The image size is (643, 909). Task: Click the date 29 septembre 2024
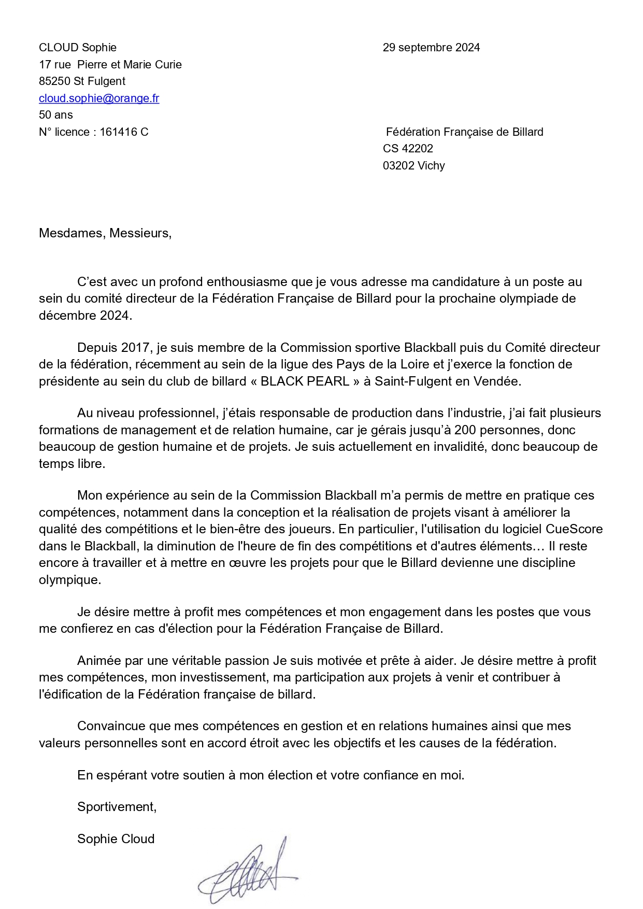(431, 48)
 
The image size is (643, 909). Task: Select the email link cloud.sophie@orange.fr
(99, 98)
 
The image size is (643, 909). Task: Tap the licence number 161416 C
(124, 132)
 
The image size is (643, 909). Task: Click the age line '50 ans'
(56, 115)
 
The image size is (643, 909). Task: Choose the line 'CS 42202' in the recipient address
(408, 149)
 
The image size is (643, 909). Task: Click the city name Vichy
(431, 166)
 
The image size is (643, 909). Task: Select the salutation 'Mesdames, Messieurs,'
(105, 233)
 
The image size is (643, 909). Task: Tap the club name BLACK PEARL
(305, 381)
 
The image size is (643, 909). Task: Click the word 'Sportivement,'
(117, 807)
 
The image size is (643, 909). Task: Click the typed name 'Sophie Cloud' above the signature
(116, 839)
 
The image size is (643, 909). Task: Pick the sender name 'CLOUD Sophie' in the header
(78, 48)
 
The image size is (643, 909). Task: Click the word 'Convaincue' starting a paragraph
(111, 727)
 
